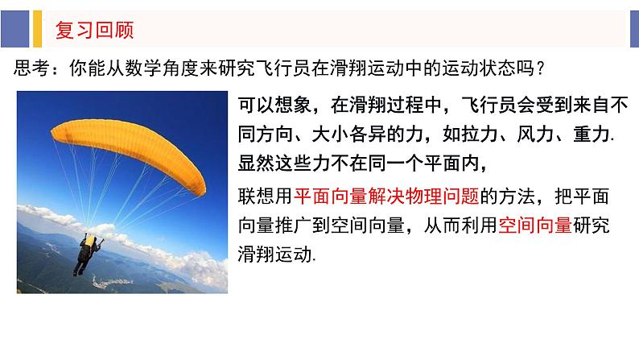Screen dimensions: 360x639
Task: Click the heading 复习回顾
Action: [93, 31]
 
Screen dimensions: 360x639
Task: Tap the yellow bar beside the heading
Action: [35, 30]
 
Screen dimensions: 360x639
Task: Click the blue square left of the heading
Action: [14, 30]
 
